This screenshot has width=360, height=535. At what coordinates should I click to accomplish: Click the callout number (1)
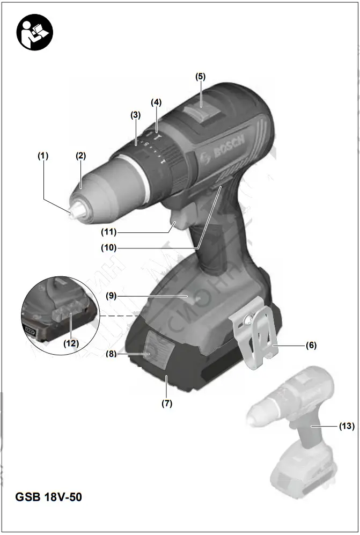[43, 156]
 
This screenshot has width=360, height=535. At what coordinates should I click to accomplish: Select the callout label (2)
[80, 156]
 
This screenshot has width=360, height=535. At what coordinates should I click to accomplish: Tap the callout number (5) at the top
[200, 77]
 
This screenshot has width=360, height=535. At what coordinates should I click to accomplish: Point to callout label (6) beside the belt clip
[311, 346]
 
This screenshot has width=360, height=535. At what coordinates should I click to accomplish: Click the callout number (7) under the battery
[167, 404]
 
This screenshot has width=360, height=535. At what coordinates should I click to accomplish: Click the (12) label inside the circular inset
[71, 342]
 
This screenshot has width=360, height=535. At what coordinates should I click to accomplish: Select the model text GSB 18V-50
[49, 497]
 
